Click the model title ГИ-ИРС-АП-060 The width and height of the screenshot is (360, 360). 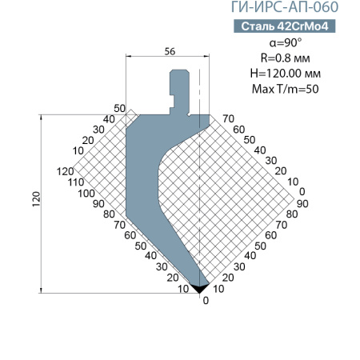click(285, 7)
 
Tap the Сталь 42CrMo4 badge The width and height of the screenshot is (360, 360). click(285, 26)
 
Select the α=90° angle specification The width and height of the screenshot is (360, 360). click(286, 42)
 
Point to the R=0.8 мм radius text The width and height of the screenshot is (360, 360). click(286, 58)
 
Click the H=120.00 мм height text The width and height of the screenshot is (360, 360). click(286, 73)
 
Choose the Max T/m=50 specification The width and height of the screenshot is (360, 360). click(286, 89)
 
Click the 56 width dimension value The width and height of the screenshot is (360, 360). click(170, 51)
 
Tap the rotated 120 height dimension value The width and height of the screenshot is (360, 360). click(36, 199)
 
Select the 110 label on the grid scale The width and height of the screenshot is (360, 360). click(76, 182)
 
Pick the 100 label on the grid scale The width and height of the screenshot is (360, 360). click(86, 194)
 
